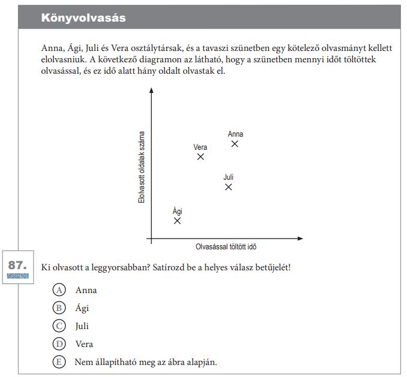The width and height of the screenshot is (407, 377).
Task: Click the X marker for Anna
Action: [x=235, y=144]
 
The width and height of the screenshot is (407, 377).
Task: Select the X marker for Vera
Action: [x=200, y=157]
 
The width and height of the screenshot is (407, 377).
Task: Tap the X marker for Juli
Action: [x=229, y=187]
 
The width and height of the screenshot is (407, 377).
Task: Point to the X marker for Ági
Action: [x=177, y=221]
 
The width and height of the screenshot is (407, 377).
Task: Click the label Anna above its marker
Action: [x=235, y=134]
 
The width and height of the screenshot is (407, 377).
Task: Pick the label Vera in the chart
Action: [x=200, y=147]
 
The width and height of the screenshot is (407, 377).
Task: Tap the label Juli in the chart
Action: [x=229, y=177]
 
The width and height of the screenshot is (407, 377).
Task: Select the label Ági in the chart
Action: [x=178, y=211]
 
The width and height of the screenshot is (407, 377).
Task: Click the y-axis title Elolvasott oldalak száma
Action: [x=141, y=167]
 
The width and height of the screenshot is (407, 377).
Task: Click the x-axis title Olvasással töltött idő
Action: [x=226, y=247]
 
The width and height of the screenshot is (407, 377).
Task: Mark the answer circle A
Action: [x=59, y=290]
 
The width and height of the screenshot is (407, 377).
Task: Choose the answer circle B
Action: [x=59, y=308]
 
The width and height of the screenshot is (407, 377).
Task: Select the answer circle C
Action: [x=59, y=325]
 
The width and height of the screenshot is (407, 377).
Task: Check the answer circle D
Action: [x=59, y=344]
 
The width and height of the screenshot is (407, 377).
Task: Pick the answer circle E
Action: [x=59, y=361]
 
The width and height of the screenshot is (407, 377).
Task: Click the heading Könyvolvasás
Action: [x=83, y=18]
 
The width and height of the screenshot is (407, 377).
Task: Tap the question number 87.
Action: [x=17, y=265]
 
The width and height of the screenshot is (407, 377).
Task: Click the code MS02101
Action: [x=17, y=276]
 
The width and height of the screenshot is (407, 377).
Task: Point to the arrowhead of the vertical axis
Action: [x=152, y=90]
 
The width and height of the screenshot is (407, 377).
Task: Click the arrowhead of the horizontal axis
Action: [x=300, y=239]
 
